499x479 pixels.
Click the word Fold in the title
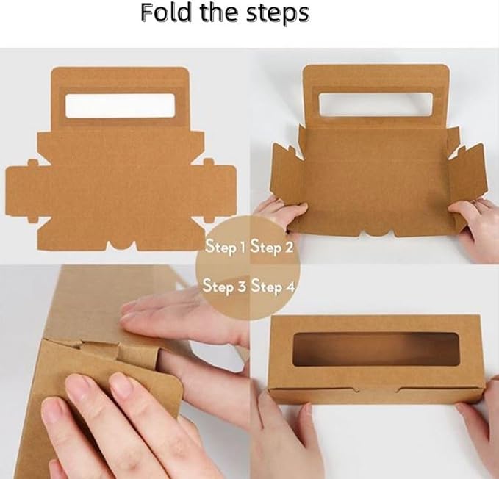tap(165, 12)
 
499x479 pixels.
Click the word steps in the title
tap(278, 14)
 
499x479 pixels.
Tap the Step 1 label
tap(224, 247)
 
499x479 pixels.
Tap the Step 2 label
tap(271, 247)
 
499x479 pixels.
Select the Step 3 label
tap(224, 285)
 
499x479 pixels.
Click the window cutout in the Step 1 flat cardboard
tap(121, 106)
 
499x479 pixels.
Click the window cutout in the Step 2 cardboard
tap(376, 104)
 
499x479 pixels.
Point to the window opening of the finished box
tap(376, 349)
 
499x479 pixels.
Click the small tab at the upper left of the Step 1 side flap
tap(32, 163)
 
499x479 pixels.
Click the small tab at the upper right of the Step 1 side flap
tap(209, 162)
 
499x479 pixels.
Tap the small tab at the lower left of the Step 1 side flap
tap(33, 220)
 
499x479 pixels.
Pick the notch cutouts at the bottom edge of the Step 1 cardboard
tap(121, 245)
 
